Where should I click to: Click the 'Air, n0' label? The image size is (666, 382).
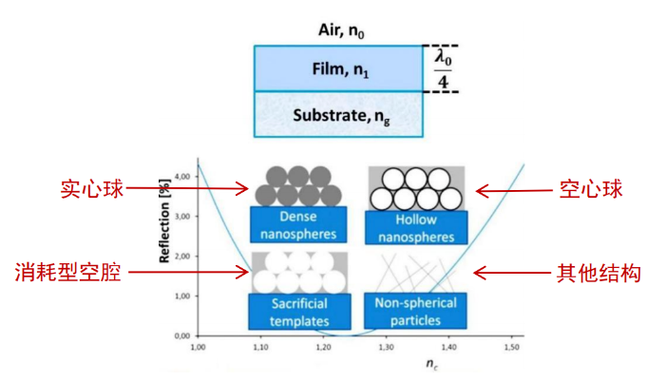(x=341, y=30)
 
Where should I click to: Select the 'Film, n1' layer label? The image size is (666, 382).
(x=340, y=69)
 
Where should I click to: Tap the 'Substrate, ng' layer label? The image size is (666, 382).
(x=341, y=116)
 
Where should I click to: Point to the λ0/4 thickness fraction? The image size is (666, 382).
(x=443, y=68)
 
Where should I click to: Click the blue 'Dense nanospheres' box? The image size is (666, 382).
(x=298, y=225)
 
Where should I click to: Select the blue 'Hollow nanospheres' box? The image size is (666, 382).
(x=416, y=228)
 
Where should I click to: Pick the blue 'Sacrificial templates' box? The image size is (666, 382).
(x=299, y=312)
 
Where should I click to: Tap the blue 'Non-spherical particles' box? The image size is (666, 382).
(x=415, y=311)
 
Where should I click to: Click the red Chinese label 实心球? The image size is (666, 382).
(x=92, y=189)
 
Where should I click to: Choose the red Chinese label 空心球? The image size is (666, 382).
(x=591, y=189)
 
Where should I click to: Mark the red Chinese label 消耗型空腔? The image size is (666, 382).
(x=68, y=272)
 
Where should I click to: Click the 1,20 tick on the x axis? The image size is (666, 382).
(x=323, y=347)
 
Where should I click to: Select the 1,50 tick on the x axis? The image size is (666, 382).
(x=512, y=347)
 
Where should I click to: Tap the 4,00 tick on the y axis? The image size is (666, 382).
(x=182, y=177)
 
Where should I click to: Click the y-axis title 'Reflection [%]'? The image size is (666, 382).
(x=164, y=220)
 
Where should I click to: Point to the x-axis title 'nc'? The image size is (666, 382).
(x=432, y=364)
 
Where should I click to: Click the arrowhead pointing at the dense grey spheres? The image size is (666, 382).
(x=243, y=188)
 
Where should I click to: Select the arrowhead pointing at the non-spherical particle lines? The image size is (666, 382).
(x=481, y=273)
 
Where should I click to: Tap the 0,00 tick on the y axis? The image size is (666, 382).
(x=182, y=335)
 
